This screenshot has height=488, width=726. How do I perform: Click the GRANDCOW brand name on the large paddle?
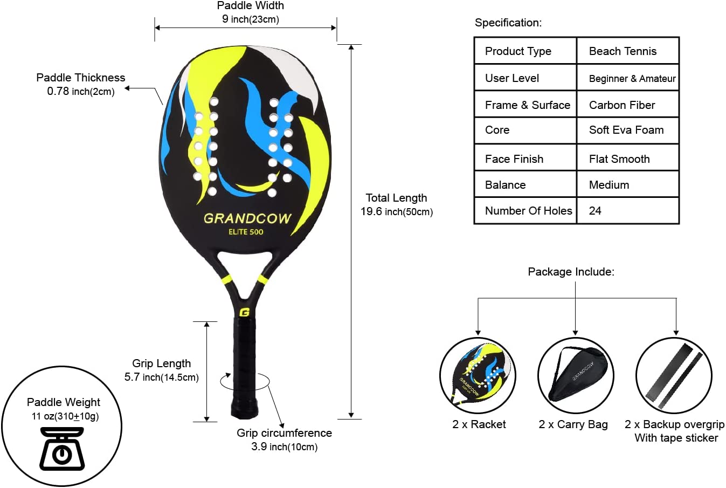(247, 218)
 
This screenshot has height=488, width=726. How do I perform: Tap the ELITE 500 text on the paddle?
(246, 232)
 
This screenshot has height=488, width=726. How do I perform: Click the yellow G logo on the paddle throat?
(244, 312)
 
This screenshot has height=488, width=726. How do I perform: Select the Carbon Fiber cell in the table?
(622, 105)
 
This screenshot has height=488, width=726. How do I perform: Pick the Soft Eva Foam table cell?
(626, 130)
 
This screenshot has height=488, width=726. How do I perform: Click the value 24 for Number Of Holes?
(595, 211)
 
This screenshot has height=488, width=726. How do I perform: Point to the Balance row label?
(505, 185)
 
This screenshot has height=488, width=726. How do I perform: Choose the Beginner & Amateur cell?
(632, 79)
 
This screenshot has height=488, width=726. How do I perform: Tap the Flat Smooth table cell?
(619, 159)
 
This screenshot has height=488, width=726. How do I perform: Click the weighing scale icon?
(61, 449)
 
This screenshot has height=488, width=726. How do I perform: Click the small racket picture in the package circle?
(478, 374)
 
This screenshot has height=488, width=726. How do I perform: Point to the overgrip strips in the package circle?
(674, 375)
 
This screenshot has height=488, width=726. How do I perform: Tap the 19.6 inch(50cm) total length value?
(396, 211)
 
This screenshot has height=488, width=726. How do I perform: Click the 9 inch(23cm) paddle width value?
(250, 19)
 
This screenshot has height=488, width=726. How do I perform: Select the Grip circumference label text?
(284, 433)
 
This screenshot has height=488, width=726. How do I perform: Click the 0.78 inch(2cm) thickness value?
(81, 91)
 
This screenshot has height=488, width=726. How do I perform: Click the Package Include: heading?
(571, 272)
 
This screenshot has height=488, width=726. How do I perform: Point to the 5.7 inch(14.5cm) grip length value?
(161, 377)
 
